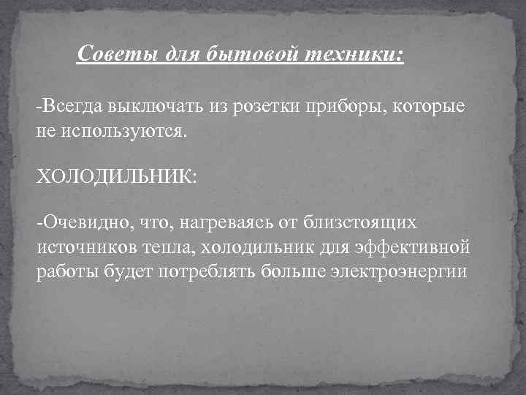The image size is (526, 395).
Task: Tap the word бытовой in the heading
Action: click(244, 54)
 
